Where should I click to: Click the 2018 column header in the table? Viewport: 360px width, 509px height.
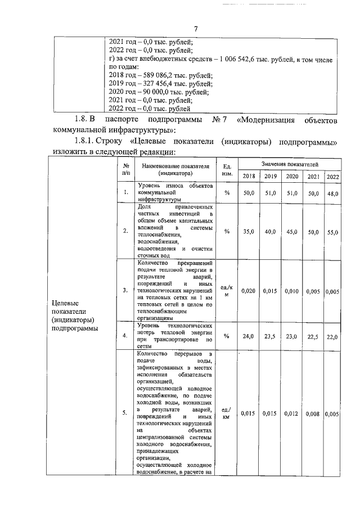point(247,177)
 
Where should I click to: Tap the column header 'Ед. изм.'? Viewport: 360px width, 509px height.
point(227,170)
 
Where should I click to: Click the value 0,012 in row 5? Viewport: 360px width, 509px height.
point(291,413)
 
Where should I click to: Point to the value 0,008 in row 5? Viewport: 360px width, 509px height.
point(312,413)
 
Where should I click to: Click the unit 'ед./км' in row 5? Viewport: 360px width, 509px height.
point(227,413)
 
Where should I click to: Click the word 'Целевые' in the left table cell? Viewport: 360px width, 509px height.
point(65,304)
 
